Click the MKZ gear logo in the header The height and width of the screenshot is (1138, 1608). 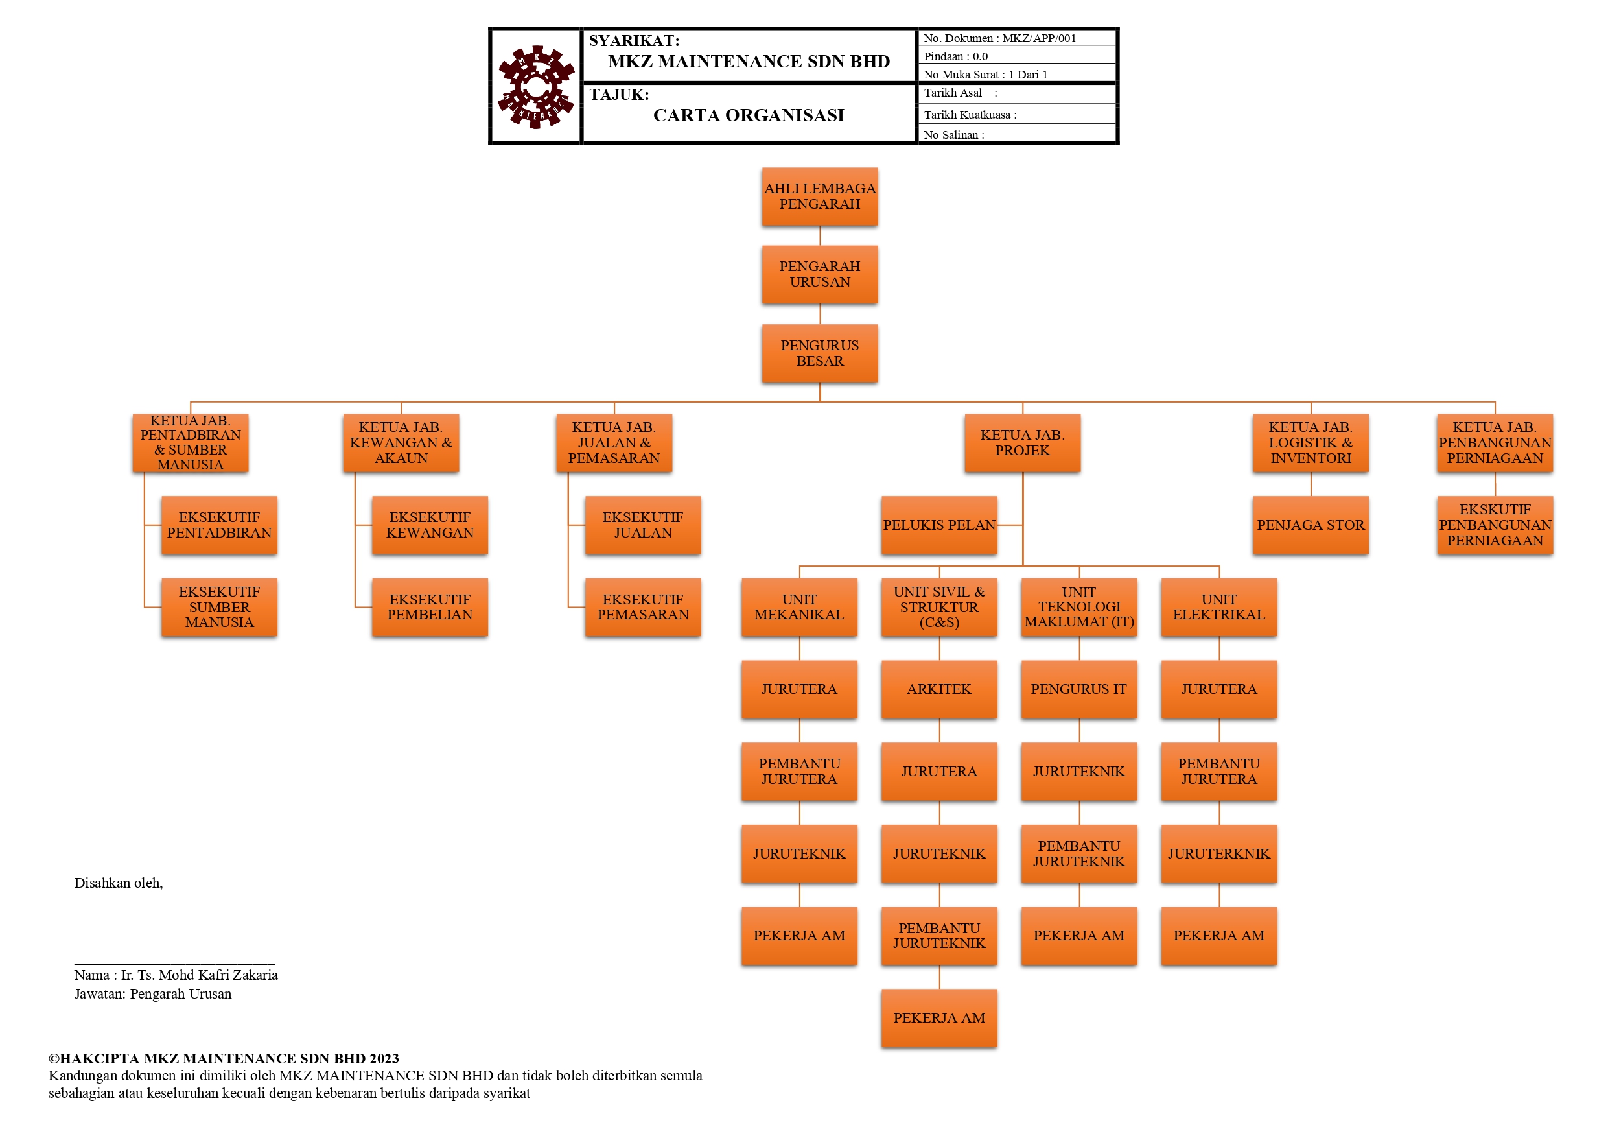[536, 87]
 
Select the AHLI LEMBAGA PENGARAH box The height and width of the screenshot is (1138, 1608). [819, 196]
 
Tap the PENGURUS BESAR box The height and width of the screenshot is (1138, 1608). [819, 353]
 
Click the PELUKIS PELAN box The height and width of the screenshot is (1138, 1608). [938, 525]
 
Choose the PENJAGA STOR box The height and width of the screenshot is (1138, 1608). [1311, 525]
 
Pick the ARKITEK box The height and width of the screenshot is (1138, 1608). [938, 689]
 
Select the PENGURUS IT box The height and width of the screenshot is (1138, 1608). [1078, 689]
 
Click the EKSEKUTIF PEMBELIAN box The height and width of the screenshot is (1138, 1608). [429, 607]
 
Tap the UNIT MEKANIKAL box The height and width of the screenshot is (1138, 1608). [799, 607]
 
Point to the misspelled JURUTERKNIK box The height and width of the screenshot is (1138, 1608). [1218, 853]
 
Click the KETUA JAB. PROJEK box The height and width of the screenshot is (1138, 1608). [1022, 442]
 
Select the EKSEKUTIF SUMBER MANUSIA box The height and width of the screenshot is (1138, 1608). [219, 607]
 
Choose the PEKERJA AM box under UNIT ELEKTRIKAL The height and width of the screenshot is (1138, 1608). [1218, 936]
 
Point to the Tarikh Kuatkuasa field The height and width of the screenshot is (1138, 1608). [970, 115]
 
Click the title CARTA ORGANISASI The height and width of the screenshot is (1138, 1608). [748, 115]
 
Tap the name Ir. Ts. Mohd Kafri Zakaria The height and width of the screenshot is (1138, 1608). [199, 975]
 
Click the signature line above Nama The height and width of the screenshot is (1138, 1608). [174, 964]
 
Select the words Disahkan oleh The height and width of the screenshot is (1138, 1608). [119, 883]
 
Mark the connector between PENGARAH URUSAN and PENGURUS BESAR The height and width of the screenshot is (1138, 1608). [820, 314]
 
